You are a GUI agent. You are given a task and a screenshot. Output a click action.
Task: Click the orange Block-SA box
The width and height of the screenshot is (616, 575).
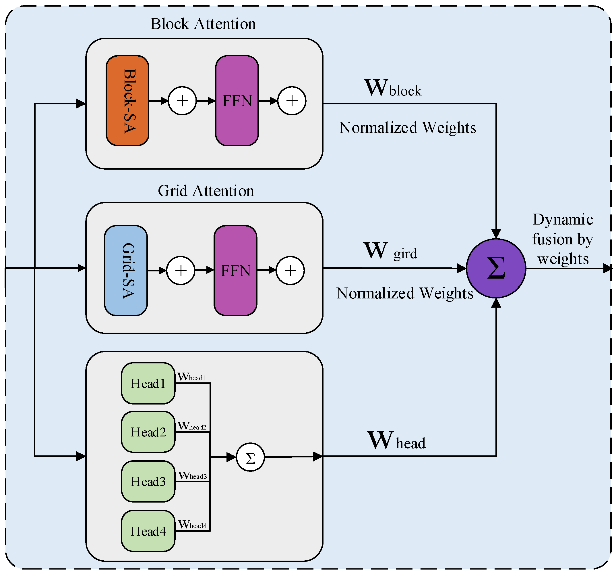[x=127, y=101]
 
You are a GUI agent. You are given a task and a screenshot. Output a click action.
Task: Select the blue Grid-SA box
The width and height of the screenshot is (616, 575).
[x=126, y=271]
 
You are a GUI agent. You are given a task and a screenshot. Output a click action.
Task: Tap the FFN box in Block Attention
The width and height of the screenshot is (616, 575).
[x=237, y=101]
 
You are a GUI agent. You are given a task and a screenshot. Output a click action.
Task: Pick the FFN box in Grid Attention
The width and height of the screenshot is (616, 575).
[x=235, y=271]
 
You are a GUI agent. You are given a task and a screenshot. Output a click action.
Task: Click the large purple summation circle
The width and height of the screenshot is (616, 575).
[x=496, y=269]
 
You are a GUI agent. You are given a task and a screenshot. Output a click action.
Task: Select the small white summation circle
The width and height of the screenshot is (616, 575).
[x=250, y=457]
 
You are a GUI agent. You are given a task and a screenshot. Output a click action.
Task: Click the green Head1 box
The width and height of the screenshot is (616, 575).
[x=148, y=383]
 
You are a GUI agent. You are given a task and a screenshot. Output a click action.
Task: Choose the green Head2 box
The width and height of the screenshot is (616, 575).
[x=148, y=432]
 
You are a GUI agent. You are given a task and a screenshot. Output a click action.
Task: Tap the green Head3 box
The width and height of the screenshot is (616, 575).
[x=148, y=481]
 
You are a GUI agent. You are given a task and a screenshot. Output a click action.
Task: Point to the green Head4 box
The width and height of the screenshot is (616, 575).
[x=148, y=531]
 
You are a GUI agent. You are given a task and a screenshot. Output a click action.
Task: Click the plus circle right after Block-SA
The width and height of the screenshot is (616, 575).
[x=182, y=101]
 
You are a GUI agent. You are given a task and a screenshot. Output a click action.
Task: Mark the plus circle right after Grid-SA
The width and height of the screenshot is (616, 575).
[x=181, y=271]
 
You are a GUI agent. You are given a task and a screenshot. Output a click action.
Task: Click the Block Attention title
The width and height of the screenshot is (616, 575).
[x=203, y=24]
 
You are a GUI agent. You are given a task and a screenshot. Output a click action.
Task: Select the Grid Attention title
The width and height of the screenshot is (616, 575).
[x=206, y=191]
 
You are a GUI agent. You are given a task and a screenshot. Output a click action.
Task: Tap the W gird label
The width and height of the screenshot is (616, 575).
[x=390, y=251]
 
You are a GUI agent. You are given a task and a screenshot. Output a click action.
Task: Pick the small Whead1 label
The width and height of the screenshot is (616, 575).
[x=191, y=377]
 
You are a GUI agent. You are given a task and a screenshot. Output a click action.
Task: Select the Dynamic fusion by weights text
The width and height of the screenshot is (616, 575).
[x=563, y=239]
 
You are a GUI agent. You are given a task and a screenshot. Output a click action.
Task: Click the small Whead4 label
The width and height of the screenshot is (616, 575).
[x=192, y=524]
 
